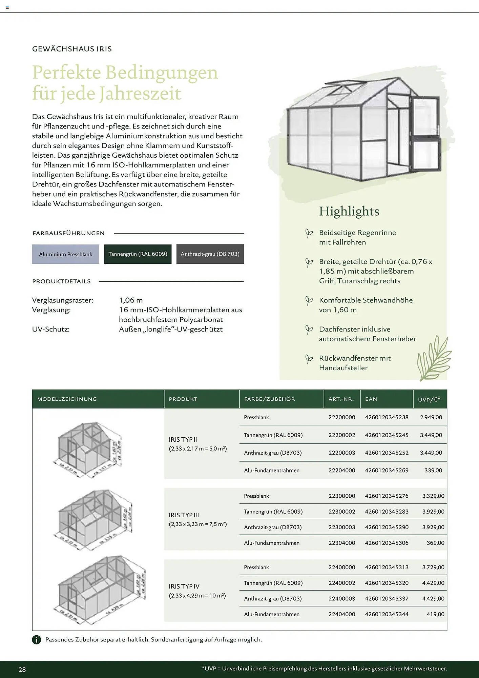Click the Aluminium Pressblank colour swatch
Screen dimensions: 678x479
(65, 254)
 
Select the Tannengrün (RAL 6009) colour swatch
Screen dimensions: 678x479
(138, 254)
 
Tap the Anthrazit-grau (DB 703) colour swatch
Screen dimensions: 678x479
(210, 254)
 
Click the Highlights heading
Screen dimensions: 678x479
(349, 211)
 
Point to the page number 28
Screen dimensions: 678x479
(22, 670)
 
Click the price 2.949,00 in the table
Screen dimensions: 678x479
(431, 417)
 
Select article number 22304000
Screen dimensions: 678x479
(341, 543)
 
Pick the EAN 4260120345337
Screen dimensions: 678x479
(387, 598)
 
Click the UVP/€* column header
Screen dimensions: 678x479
(429, 399)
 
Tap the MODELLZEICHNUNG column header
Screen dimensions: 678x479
(67, 399)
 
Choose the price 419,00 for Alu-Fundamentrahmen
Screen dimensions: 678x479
(435, 614)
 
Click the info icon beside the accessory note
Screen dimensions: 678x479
(36, 640)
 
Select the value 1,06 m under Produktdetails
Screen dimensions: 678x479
(131, 300)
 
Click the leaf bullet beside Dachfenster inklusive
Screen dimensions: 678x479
(309, 330)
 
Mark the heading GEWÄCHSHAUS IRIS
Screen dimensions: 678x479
(72, 49)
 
